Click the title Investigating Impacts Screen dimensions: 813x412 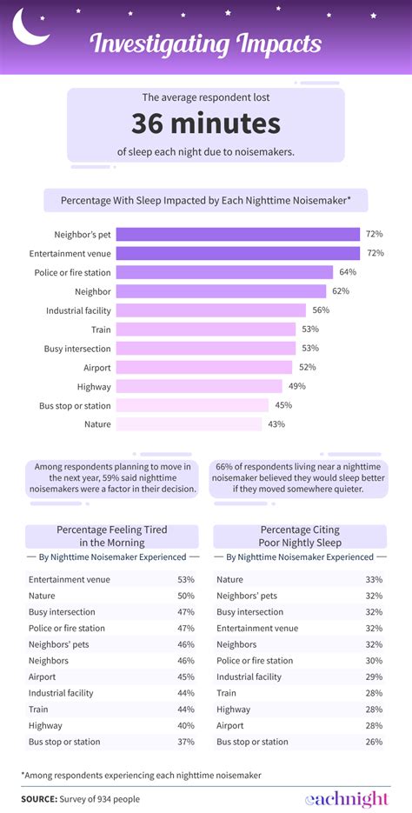(206, 43)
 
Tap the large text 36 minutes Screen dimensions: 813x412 (206, 123)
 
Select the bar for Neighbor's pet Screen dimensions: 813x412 (237, 234)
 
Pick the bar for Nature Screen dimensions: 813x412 (189, 424)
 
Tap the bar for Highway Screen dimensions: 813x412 (199, 386)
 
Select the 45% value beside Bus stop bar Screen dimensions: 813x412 (283, 405)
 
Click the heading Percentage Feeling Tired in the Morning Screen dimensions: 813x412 (112, 536)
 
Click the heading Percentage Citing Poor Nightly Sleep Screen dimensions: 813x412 (299, 536)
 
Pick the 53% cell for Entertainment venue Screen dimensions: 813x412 (185, 579)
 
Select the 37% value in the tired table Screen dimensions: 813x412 (185, 742)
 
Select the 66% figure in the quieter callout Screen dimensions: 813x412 (226, 466)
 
